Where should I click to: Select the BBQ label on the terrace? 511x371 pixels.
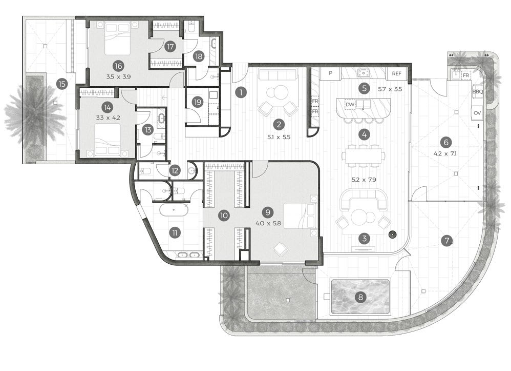[x=477, y=92]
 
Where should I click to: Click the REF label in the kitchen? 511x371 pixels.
[x=397, y=73]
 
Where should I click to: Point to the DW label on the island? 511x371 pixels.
[x=350, y=104]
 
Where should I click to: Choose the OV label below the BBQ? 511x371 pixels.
[x=477, y=112]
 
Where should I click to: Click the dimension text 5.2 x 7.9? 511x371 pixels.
[x=364, y=180]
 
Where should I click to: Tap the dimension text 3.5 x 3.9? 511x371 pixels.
[x=118, y=77]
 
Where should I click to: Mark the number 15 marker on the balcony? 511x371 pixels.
[x=62, y=84]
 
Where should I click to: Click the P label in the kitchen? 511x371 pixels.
[x=331, y=73]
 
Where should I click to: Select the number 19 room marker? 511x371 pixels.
[x=197, y=102]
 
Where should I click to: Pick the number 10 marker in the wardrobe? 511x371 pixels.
[x=223, y=216]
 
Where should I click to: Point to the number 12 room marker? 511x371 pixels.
[x=175, y=170]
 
